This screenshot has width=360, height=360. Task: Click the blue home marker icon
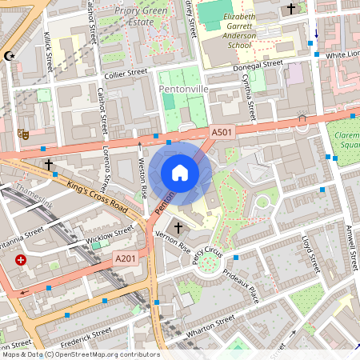pyautogui.click(x=180, y=173)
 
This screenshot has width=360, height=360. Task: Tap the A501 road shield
pyautogui.click(x=222, y=131)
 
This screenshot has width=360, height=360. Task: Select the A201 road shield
pyautogui.click(x=126, y=258)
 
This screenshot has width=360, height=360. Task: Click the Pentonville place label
pyautogui.click(x=183, y=88)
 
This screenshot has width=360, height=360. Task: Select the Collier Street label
pyautogui.click(x=126, y=72)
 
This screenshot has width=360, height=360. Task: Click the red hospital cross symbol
pyautogui.click(x=20, y=261)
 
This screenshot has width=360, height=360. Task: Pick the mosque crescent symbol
pyautogui.click(x=10, y=56)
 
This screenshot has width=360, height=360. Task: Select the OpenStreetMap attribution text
pyautogui.click(x=80, y=354)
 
